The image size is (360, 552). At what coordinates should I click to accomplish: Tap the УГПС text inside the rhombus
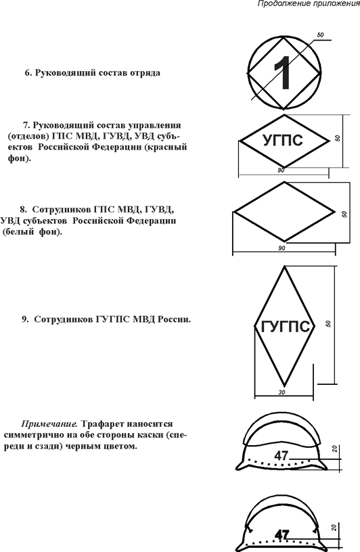(283, 140)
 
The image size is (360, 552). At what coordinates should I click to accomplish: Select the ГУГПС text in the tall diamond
(284, 327)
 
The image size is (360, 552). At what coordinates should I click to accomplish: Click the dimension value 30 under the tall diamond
(282, 392)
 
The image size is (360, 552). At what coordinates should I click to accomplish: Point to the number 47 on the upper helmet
(282, 456)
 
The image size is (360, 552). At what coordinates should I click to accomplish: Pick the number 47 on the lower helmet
(282, 534)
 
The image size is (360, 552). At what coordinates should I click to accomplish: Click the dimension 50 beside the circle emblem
(320, 35)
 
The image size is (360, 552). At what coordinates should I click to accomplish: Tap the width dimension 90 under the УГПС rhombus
(281, 170)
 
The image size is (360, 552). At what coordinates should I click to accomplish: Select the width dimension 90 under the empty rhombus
(282, 248)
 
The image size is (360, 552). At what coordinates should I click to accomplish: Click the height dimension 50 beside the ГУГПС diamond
(328, 323)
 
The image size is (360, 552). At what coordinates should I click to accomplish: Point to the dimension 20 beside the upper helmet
(335, 448)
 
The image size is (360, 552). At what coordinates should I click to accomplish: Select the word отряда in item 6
(145, 73)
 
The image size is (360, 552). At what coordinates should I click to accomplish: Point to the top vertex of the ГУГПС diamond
(284, 266)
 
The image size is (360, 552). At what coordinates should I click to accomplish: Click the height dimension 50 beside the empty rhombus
(344, 214)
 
